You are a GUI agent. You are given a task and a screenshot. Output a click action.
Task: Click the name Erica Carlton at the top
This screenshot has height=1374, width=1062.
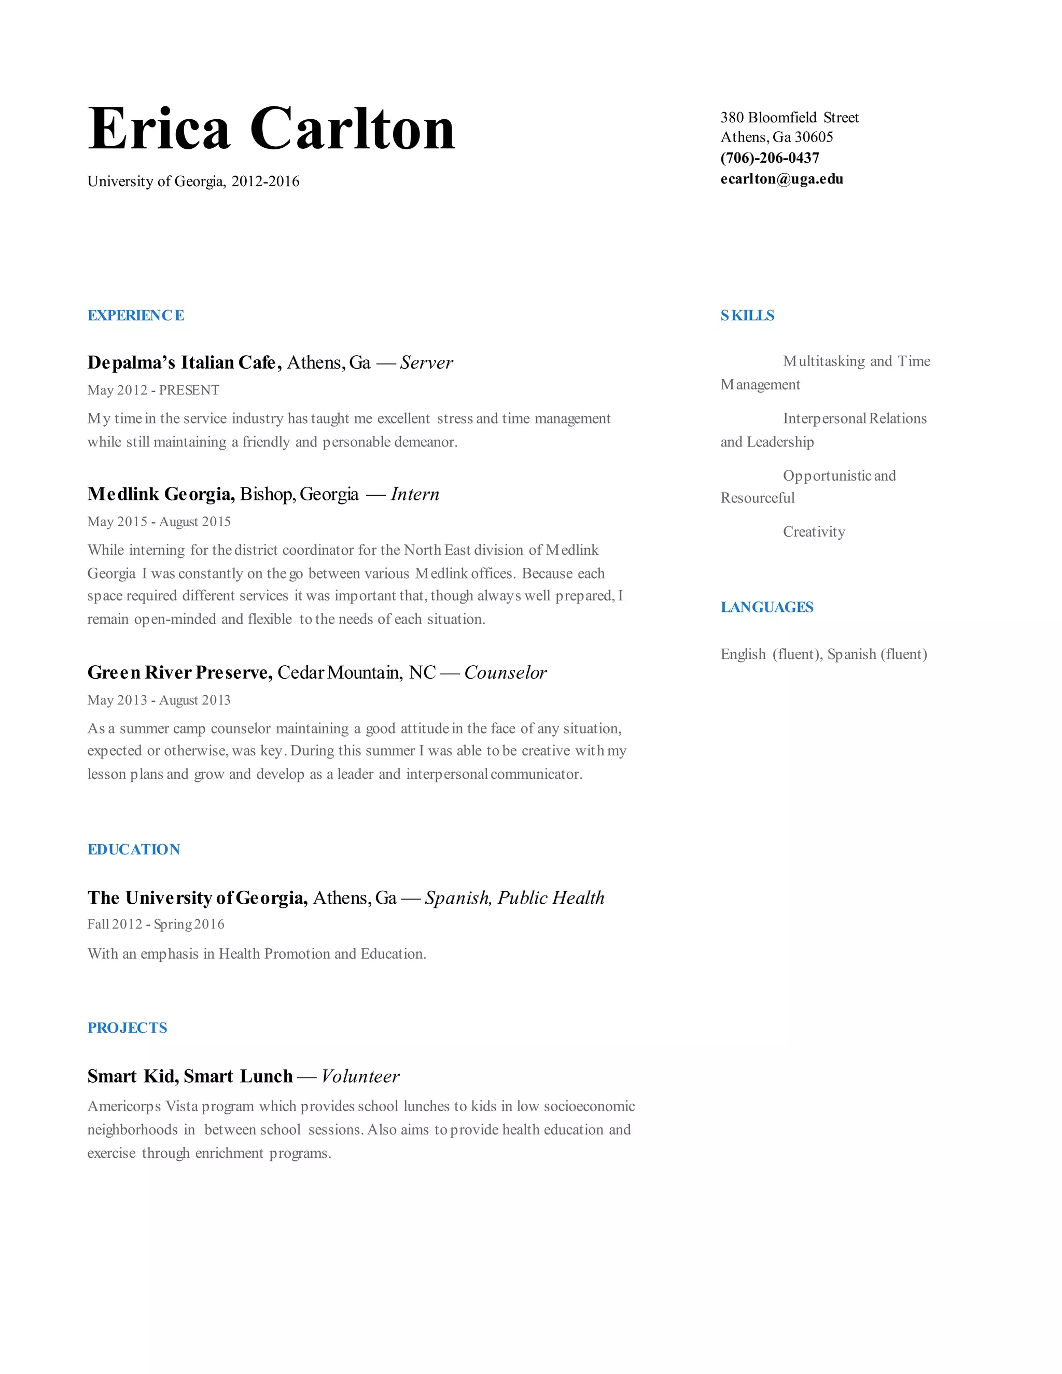point(271,129)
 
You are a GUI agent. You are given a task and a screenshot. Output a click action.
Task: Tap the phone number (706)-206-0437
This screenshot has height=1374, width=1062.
point(770,158)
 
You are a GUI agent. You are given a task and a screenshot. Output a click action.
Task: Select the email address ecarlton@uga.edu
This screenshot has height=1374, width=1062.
point(781,179)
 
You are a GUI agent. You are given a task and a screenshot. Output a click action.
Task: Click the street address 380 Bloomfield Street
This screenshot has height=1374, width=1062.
point(789,118)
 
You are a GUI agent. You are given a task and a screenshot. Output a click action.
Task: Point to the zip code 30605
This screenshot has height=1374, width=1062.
point(814,137)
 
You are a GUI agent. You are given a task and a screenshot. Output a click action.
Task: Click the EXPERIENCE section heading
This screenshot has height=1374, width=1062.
point(136,315)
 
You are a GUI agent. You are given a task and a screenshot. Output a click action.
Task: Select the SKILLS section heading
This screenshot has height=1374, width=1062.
point(747,315)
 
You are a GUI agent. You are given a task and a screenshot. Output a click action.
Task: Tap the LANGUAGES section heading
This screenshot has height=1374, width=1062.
point(766,607)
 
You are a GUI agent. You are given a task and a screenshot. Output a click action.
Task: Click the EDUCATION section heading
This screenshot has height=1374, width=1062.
point(133,849)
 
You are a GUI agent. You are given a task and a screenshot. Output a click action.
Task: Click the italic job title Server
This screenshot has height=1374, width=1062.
point(426,362)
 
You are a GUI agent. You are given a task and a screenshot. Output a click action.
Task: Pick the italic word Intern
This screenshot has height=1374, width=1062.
point(415,495)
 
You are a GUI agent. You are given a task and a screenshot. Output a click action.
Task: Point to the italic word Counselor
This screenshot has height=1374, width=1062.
point(505,672)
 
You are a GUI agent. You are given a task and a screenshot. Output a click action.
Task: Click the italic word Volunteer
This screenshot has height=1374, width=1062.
point(360,1076)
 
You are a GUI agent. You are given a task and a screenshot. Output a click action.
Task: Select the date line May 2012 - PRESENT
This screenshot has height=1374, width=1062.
point(153,390)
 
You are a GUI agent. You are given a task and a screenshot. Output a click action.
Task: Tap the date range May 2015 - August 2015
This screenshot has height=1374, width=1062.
point(159,522)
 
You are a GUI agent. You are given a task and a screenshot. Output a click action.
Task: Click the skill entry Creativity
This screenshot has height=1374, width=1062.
point(814,531)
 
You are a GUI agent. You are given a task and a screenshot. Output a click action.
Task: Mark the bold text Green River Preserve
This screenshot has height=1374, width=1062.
point(180,672)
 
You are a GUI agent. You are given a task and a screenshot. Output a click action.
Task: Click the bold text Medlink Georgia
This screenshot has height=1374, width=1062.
point(161,495)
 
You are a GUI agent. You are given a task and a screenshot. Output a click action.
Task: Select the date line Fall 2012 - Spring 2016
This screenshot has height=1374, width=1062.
point(156,924)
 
